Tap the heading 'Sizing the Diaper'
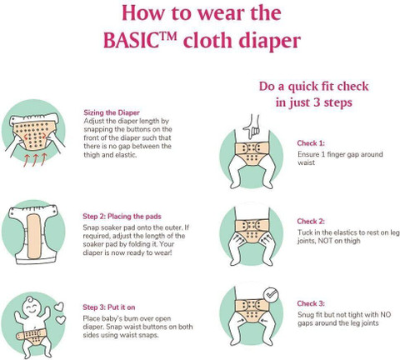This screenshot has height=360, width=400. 112,112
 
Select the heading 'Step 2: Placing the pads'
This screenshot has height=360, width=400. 122,217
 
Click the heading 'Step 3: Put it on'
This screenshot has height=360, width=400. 109,307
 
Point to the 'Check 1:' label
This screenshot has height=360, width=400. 311,143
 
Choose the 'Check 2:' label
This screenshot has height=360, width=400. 311,222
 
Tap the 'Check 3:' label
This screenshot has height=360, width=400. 311,303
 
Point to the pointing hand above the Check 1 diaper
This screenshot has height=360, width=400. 252,127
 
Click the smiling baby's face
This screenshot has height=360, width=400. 31,306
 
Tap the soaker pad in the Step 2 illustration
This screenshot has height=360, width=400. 33,236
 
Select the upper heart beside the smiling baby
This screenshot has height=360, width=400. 59,307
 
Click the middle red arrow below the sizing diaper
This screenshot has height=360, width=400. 35,160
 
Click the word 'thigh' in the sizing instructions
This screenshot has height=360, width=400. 92,155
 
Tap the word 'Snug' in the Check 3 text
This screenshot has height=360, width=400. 306,315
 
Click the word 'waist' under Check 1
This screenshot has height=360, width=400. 306,162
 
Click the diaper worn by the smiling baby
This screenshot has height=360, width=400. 31,336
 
